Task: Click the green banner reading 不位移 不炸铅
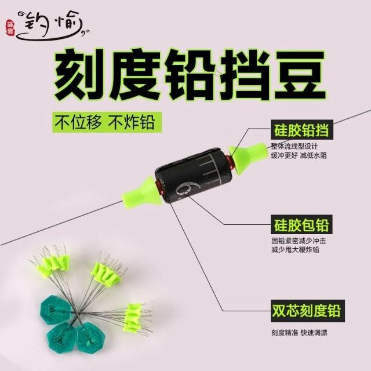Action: pos(107,122)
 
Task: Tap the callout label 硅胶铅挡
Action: pos(302,129)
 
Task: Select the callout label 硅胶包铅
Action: pos(301,224)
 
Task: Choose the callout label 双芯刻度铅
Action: pos(308,311)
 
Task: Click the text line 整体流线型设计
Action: pos(294,147)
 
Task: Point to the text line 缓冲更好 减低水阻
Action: pos(299,155)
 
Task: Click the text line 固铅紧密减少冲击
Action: pos(299,241)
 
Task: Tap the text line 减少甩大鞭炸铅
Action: pos(295,250)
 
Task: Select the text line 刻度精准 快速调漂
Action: pos(299,332)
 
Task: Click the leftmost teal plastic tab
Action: pos(56,310)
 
